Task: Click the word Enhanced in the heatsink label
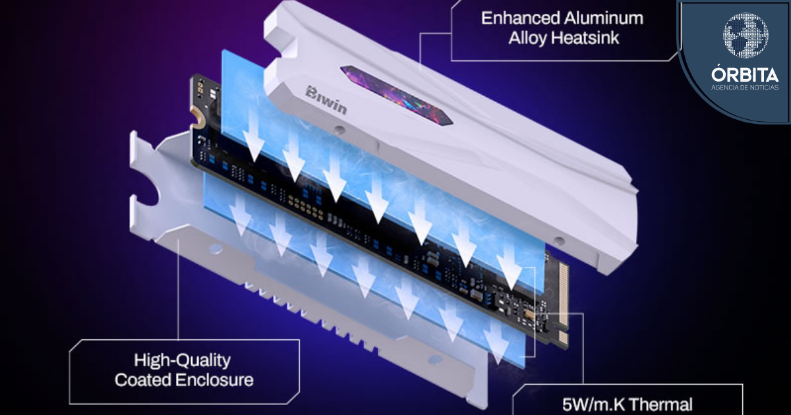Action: click(x=521, y=18)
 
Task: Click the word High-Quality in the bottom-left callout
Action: click(x=182, y=361)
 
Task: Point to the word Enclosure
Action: click(x=214, y=380)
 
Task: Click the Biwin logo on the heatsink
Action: click(x=326, y=100)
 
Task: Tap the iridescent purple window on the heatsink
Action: click(x=397, y=96)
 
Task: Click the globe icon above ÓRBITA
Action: click(x=746, y=36)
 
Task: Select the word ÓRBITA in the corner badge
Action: click(x=745, y=74)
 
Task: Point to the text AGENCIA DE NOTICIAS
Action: click(x=745, y=88)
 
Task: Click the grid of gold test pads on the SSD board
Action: click(x=305, y=206)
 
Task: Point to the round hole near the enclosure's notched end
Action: click(x=216, y=250)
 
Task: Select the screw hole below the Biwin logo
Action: click(x=339, y=130)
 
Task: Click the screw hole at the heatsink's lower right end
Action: click(x=559, y=241)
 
